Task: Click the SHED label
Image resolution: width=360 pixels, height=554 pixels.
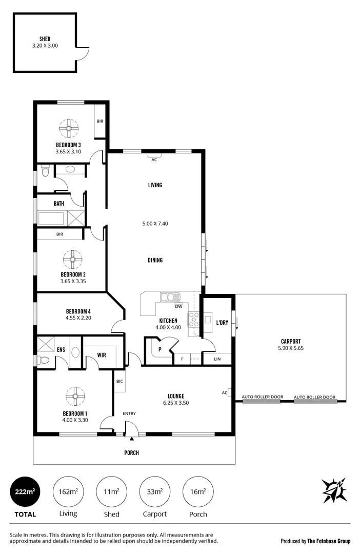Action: [45, 38]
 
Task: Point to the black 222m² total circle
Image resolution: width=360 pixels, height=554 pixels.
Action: [25, 491]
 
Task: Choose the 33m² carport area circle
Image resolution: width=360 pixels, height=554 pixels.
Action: [154, 491]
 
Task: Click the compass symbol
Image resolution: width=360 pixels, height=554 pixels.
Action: [334, 490]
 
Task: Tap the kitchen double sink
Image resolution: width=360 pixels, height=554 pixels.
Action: [170, 298]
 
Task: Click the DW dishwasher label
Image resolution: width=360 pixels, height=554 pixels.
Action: [178, 307]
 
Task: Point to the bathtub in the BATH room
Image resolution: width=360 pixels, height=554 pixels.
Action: [51, 218]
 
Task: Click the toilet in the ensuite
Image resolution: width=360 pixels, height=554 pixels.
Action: [44, 360]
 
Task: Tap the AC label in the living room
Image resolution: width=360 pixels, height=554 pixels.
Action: [154, 160]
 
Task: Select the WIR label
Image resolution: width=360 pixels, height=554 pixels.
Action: [101, 354]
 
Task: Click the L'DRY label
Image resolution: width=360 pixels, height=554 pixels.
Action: [222, 323]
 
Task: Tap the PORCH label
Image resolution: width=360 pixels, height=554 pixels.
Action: [132, 453]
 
